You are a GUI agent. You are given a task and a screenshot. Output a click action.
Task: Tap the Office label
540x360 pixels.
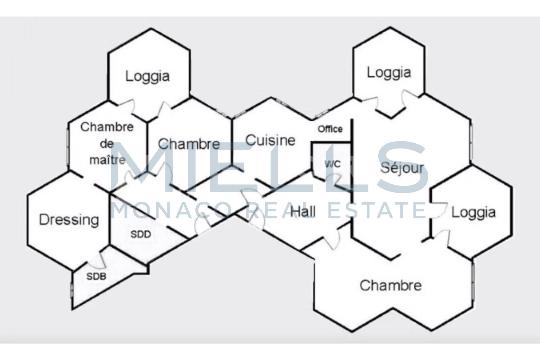pyautogui.click(x=330, y=129)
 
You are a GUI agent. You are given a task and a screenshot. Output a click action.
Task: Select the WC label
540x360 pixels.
pyautogui.click(x=333, y=164)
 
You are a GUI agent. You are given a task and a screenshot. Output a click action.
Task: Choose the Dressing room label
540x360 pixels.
pyautogui.click(x=69, y=220)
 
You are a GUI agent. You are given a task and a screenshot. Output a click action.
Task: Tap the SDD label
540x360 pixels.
pyautogui.click(x=141, y=234)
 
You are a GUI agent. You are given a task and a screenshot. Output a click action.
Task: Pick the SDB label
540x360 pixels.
pyautogui.click(x=96, y=276)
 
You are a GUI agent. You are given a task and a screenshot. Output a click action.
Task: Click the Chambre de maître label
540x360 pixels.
pyautogui.click(x=107, y=143)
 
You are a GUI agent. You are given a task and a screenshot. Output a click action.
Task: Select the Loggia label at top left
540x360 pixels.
pyautogui.click(x=147, y=76)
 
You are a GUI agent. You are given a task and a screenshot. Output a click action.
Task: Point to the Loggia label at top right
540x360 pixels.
pyautogui.click(x=389, y=73)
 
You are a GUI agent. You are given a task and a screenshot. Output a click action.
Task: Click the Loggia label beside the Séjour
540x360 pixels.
pyautogui.click(x=474, y=213)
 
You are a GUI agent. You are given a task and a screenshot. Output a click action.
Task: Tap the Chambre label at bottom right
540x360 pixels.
pyautogui.click(x=390, y=285)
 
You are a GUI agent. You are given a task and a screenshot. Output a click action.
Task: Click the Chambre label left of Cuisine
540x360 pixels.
pyautogui.click(x=189, y=144)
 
